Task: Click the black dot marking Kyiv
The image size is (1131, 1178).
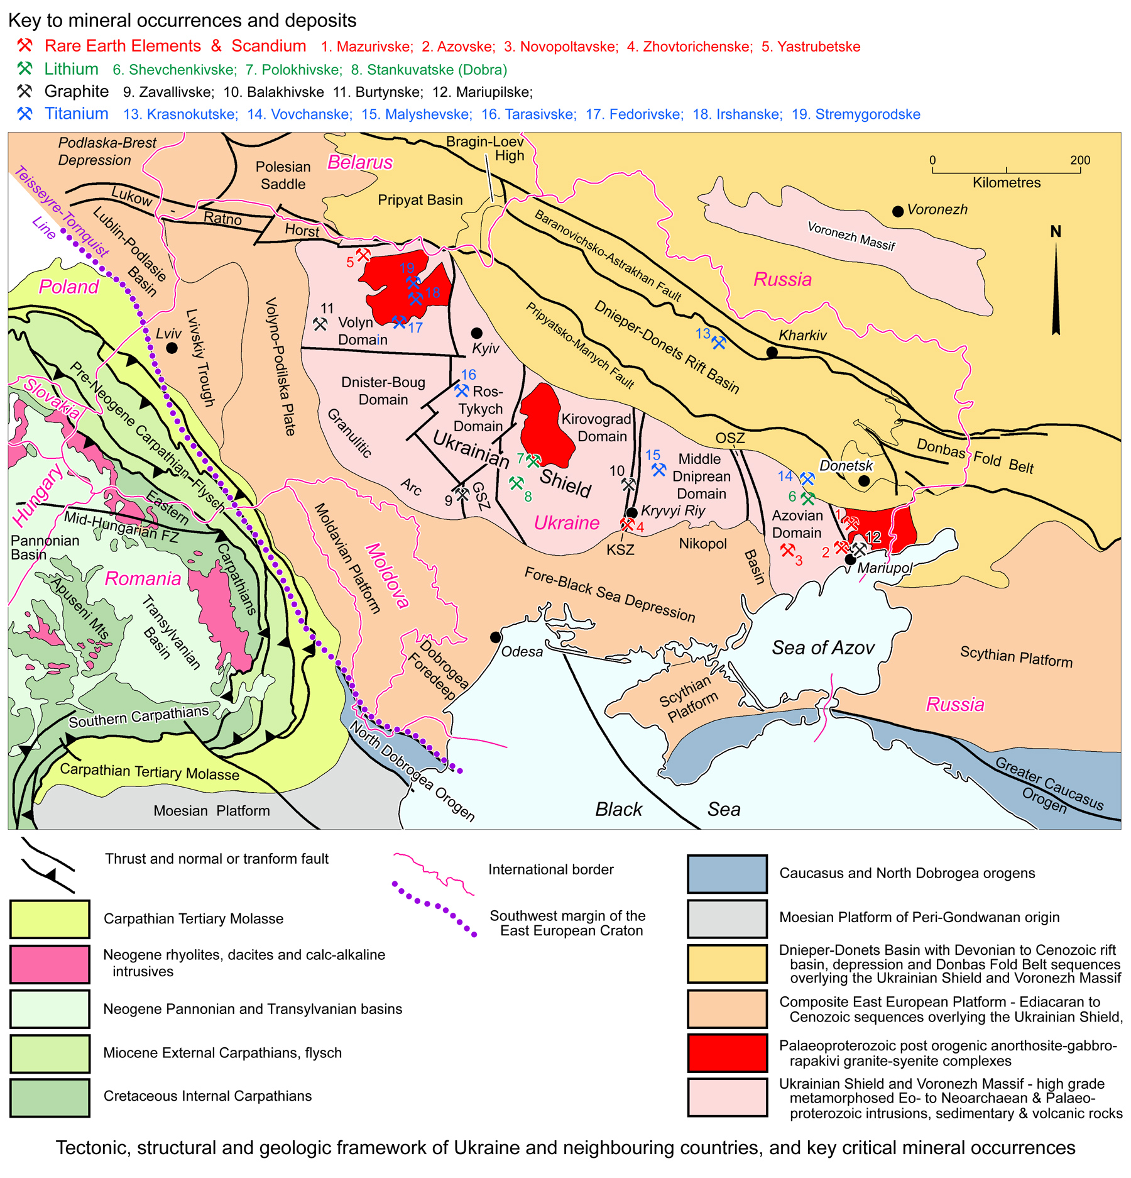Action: pos(477,333)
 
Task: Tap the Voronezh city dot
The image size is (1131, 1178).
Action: pos(898,211)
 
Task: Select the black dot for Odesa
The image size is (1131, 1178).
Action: pos(495,637)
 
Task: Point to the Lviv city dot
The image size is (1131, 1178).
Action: pos(172,348)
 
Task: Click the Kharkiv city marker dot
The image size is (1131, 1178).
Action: pos(772,352)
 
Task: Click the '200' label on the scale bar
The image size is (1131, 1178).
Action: pos(1080,160)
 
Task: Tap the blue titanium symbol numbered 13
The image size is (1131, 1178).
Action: pos(719,343)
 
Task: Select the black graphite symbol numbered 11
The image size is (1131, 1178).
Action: pos(320,324)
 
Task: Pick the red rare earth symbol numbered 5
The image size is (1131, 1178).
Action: pos(363,255)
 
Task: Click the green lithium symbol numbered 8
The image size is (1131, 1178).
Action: pos(516,483)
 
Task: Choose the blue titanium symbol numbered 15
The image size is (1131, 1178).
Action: pos(658,470)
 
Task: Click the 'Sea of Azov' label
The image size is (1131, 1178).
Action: pos(822,647)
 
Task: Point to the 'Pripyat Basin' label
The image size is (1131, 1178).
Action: pos(420,200)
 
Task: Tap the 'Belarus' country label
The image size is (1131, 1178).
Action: pos(360,162)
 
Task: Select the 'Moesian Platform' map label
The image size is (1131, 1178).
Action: pos(212,811)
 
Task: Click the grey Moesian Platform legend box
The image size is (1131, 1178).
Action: pos(727,918)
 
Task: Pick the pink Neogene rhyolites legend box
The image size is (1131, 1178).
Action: pos(50,964)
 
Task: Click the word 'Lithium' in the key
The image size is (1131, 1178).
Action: pos(71,69)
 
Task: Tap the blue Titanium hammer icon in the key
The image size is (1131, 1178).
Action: pos(25,114)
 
